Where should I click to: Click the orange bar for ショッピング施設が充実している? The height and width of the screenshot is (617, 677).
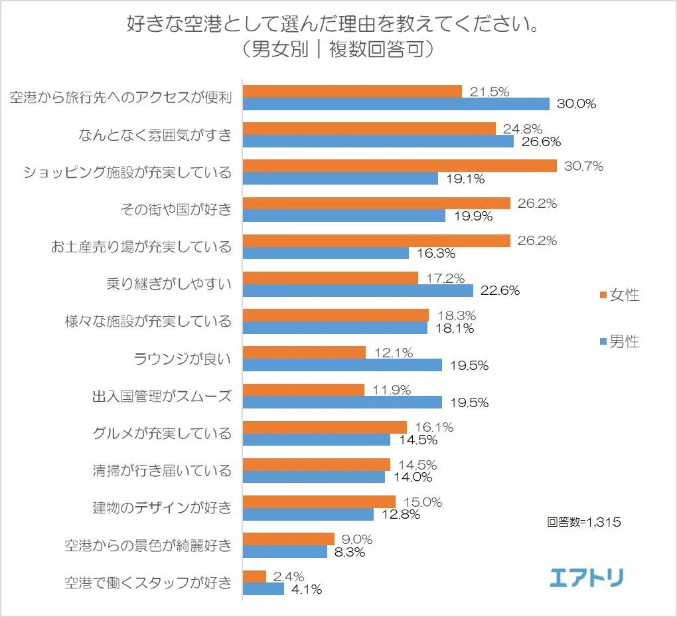[400, 166]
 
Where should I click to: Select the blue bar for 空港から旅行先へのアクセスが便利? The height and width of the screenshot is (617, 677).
[396, 104]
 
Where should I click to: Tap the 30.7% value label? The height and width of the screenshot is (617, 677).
[583, 167]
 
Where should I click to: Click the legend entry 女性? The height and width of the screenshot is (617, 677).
[619, 295]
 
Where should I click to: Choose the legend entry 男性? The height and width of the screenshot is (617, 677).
[619, 342]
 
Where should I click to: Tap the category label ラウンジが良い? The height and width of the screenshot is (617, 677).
[183, 359]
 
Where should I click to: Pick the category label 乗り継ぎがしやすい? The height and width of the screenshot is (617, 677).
[169, 285]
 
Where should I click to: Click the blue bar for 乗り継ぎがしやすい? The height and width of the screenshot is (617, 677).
[358, 291]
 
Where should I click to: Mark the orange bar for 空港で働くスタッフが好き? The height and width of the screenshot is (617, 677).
[255, 576]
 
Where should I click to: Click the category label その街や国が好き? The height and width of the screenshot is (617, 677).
[176, 210]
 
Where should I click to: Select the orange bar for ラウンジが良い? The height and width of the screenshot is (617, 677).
[305, 353]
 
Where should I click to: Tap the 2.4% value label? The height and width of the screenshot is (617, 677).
[289, 576]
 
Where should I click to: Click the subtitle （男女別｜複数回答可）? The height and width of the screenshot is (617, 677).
[338, 50]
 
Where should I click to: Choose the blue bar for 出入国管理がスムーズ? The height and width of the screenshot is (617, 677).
[342, 402]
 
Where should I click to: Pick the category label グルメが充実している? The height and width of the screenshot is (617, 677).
[162, 434]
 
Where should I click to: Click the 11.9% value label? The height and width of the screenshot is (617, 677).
[392, 390]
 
